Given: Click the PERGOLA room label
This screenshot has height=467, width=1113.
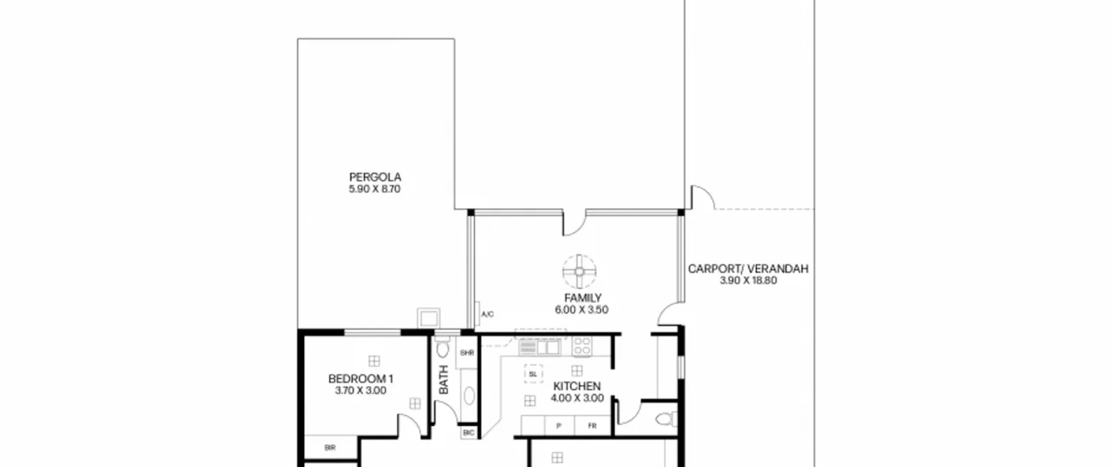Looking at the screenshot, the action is (x=375, y=177).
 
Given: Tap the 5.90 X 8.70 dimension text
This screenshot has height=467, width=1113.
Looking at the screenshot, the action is (x=374, y=189).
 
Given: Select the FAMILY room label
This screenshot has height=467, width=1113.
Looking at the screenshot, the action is (x=583, y=298).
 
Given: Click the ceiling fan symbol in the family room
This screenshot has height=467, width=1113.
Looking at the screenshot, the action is (x=579, y=272).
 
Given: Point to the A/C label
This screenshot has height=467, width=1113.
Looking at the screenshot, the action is (x=487, y=314).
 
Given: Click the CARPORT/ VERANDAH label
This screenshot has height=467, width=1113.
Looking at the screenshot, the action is (x=748, y=269).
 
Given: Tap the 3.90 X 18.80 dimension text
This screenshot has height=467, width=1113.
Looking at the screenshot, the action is (x=748, y=281).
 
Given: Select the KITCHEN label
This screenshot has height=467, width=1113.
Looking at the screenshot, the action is (x=577, y=386).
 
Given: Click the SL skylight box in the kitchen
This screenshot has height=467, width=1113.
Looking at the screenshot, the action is (x=533, y=374).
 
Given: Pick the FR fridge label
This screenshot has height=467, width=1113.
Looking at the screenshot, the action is (x=592, y=426).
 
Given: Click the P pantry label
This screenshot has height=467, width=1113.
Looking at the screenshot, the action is (x=559, y=426).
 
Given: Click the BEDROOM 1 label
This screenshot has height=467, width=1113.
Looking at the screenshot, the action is (x=360, y=379).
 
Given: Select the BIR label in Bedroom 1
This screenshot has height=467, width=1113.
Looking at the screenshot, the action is (x=330, y=448).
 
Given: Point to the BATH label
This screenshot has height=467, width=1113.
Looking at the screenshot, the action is (x=443, y=380).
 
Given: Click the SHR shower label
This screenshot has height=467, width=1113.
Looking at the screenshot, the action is (x=467, y=353).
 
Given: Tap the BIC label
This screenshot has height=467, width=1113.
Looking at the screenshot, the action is (x=468, y=433).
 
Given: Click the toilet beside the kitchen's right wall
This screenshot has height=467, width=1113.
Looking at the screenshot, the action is (x=666, y=420).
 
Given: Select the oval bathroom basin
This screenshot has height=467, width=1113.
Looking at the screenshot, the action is (x=469, y=396).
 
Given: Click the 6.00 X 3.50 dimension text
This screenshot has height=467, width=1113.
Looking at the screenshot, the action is (x=581, y=310).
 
